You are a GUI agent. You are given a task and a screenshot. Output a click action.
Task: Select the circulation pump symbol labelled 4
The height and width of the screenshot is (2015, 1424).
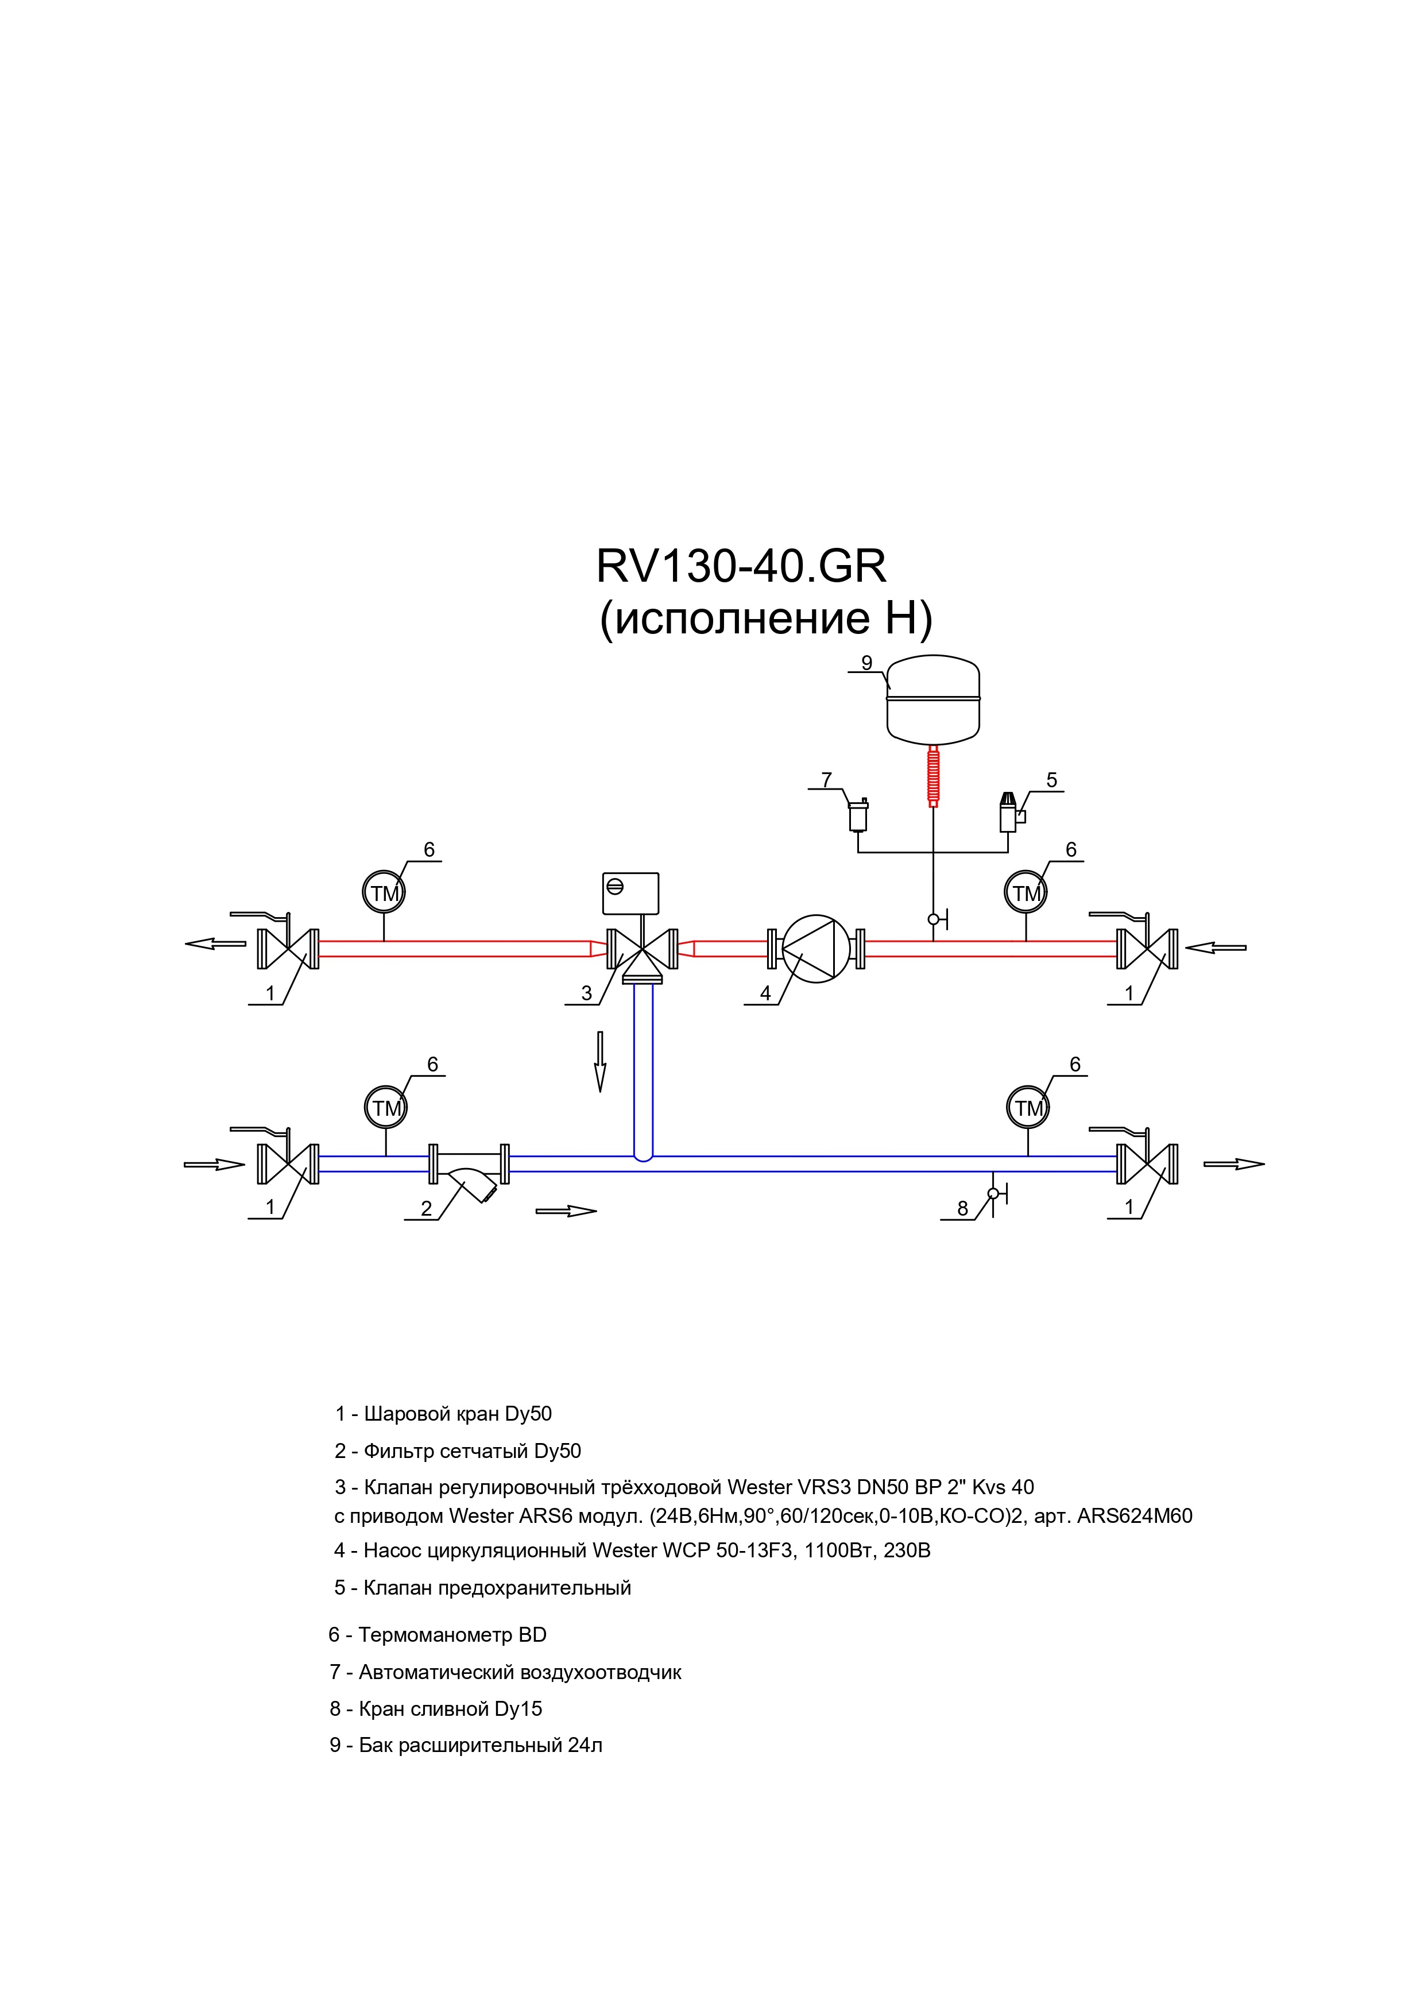(x=816, y=949)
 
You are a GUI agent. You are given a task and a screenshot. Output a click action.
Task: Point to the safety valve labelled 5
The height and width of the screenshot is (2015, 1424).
(x=1011, y=813)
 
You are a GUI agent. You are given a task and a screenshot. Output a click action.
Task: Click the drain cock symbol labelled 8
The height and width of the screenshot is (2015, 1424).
(x=996, y=1194)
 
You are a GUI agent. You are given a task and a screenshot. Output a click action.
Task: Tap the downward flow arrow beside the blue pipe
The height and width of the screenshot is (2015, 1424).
(x=600, y=1062)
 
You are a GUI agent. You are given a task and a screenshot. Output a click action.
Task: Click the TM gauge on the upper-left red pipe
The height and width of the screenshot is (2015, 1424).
(x=384, y=892)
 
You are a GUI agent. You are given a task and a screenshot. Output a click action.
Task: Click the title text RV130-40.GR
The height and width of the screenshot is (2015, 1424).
(x=741, y=566)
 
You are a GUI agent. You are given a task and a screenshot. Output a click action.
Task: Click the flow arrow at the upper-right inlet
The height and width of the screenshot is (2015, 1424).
(x=1215, y=948)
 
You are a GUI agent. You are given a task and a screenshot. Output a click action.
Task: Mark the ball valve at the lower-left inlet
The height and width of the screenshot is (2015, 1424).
(x=288, y=1165)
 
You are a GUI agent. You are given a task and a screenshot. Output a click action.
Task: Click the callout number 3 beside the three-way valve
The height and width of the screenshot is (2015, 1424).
(x=586, y=993)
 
